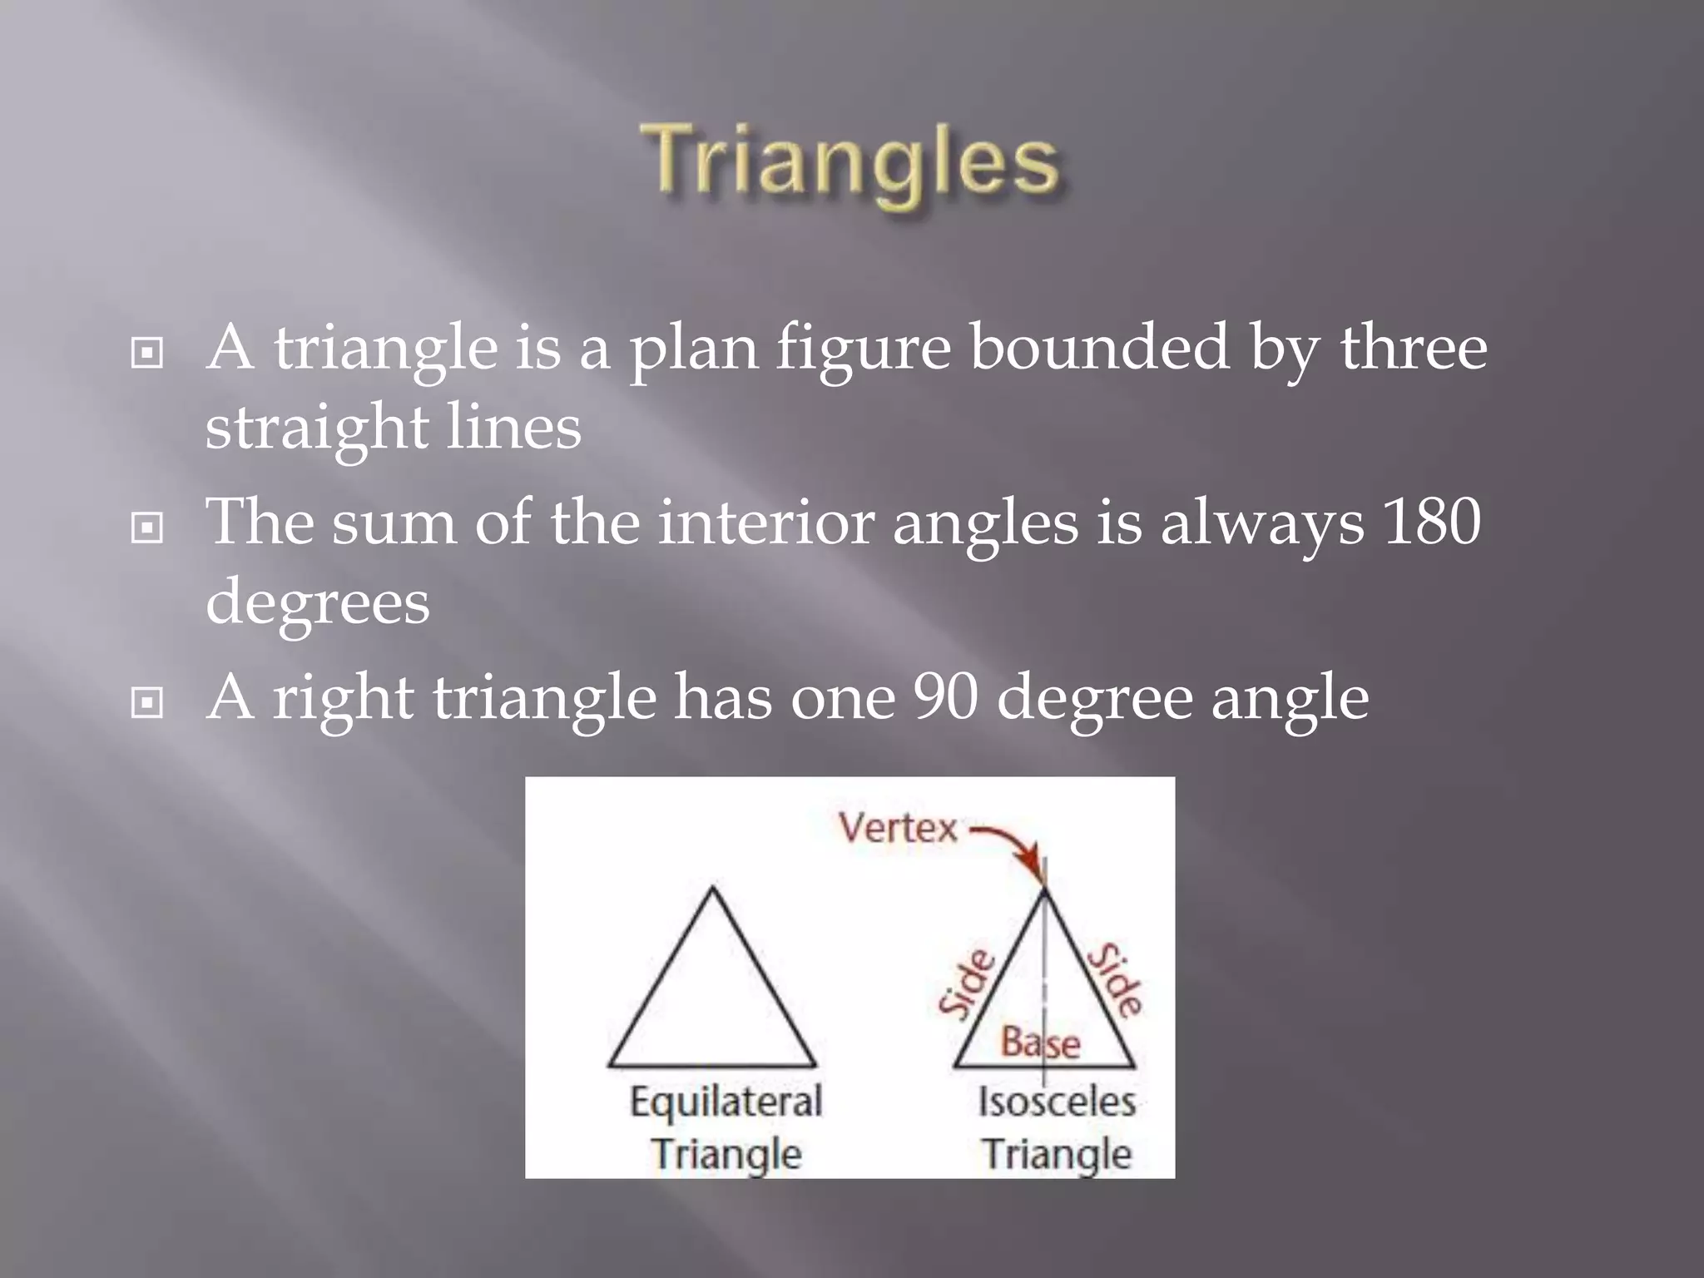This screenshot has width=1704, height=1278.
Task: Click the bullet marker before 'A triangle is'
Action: (147, 354)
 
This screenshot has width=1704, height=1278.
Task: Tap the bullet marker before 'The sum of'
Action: (147, 528)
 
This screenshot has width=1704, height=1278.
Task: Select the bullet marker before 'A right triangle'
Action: (147, 703)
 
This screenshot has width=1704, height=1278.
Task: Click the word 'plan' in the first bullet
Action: (693, 349)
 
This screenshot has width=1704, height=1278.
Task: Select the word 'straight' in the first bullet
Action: (316, 429)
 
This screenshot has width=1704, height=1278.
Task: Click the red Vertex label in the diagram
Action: (899, 829)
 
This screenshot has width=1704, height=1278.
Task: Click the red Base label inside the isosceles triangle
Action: (1040, 1043)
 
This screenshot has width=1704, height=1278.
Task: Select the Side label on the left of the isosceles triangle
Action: (967, 983)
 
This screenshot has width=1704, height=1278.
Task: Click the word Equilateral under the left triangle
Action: (726, 1103)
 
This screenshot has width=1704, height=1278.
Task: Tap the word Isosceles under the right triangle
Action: (1057, 1102)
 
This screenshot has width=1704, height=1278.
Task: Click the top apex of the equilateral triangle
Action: (713, 890)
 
